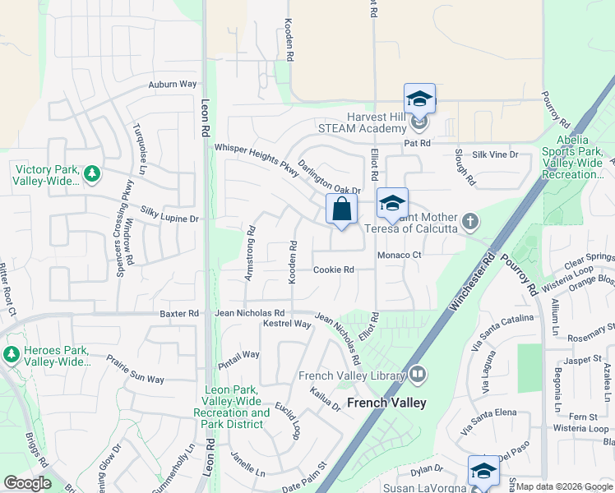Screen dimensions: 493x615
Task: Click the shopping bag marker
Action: (341, 210)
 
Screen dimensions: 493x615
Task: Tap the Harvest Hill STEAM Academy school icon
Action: (419, 124)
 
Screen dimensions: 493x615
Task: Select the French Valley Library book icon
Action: (418, 376)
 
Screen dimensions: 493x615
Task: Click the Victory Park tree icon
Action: (92, 173)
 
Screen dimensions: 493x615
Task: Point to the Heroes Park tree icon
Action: (11, 354)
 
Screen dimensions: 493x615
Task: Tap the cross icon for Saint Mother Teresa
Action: (469, 220)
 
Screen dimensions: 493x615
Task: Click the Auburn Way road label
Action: (173, 84)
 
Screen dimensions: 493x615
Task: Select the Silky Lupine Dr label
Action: (170, 215)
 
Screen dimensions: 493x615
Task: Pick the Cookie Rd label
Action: (333, 270)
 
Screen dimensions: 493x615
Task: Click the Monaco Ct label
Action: (399, 256)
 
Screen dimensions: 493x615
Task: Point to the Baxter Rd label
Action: (179, 313)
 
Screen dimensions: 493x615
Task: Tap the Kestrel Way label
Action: (287, 325)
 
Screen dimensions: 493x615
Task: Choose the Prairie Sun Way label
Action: (136, 369)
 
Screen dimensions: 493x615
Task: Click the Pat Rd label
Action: (418, 143)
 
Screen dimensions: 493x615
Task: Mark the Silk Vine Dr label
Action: (497, 154)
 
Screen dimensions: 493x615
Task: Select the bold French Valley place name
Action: (386, 403)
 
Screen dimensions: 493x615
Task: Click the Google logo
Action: (27, 483)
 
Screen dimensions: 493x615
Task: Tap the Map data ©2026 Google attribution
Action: (563, 486)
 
